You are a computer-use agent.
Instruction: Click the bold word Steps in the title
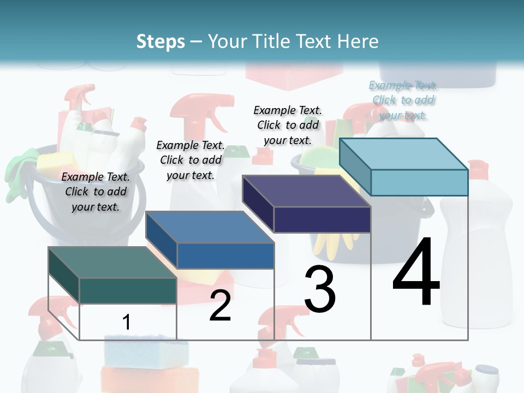click(160, 41)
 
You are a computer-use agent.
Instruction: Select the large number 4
click(416, 273)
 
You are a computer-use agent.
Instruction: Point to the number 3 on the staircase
click(320, 289)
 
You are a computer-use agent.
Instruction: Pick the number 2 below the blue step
click(220, 306)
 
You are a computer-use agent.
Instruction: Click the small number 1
click(126, 322)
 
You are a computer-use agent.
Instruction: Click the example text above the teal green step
click(96, 192)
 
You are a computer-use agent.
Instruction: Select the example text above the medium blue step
click(190, 160)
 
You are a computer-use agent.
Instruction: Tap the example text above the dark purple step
click(288, 125)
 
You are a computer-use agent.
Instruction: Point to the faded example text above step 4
click(403, 100)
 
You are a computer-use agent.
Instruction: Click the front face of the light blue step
click(419, 182)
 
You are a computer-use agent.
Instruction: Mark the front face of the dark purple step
click(322, 219)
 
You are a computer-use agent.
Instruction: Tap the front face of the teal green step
click(128, 290)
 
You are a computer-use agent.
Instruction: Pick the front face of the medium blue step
click(225, 255)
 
